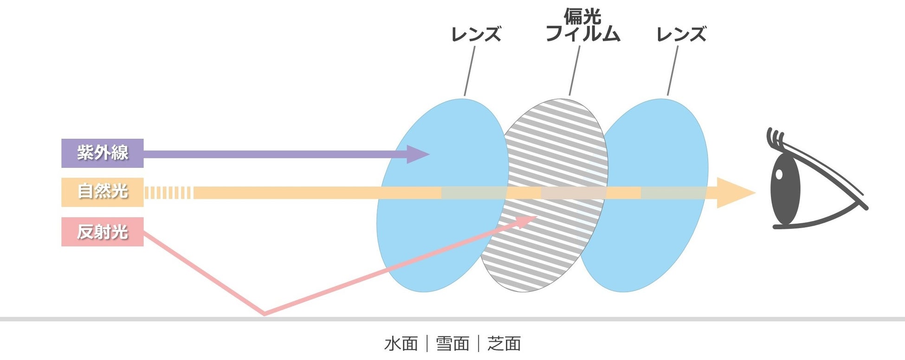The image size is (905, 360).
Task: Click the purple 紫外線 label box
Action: tap(102, 153)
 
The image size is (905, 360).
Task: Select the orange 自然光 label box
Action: tap(102, 192)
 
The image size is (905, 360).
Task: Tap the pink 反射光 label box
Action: tap(102, 231)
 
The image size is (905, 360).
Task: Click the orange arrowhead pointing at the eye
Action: tap(733, 193)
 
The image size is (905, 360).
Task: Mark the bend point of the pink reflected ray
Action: tap(265, 314)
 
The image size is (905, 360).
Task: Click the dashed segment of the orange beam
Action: tap(168, 193)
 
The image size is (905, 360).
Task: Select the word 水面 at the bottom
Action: tap(401, 344)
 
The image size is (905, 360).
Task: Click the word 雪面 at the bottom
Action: tap(452, 344)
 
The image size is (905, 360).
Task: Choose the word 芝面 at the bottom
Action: tap(504, 344)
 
